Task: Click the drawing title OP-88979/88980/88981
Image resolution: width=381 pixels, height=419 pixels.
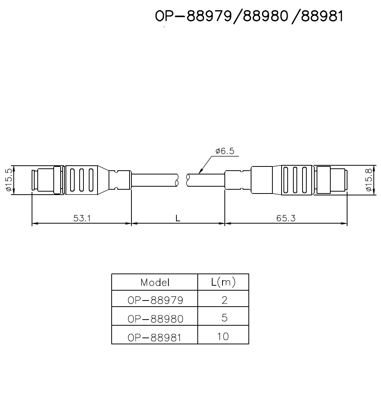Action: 249,17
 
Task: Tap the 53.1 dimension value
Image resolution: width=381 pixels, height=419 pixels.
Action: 82,218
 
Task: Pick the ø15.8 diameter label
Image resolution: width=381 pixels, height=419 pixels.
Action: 368,180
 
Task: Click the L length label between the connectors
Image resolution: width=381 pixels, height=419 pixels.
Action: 178,218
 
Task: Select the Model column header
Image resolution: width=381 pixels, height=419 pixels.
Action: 155,282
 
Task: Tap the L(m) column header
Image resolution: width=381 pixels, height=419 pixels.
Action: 223,282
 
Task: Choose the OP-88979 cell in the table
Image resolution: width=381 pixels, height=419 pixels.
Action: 155,300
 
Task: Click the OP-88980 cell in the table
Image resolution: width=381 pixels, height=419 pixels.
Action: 155,318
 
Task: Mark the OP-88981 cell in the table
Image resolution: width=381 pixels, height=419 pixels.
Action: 155,336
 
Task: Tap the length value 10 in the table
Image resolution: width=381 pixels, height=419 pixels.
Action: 223,336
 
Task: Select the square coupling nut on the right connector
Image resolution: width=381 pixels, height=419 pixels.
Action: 323,180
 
